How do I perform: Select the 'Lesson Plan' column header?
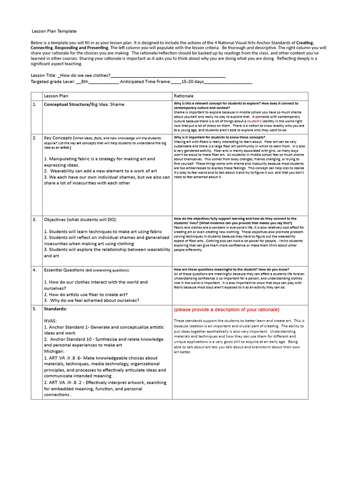click(x=56, y=96)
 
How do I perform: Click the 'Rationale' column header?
click(x=183, y=96)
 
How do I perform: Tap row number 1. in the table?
click(x=34, y=105)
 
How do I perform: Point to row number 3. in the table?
click(x=34, y=219)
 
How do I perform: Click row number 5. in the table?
click(x=34, y=309)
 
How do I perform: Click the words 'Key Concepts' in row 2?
click(x=58, y=138)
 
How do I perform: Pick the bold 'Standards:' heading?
click(x=55, y=309)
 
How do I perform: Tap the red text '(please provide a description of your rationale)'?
click(x=226, y=309)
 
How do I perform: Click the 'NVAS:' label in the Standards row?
click(x=50, y=321)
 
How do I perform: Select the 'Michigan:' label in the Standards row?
click(x=55, y=351)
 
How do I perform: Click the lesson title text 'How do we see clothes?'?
click(x=85, y=75)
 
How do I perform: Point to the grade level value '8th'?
click(x=84, y=82)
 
